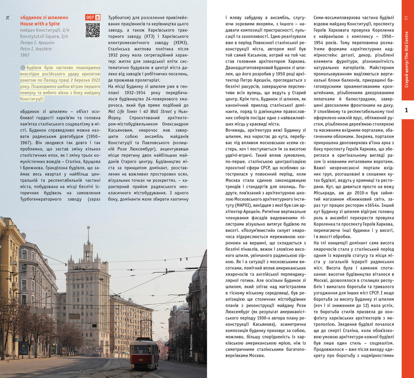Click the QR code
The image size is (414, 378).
[x=93, y=30]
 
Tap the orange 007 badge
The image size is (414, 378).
[x=90, y=17]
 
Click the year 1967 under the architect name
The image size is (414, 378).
[x=25, y=55]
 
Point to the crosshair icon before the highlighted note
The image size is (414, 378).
[x=22, y=68]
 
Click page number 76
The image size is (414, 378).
[x=8, y=18]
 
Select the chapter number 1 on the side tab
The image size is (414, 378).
[x=407, y=110]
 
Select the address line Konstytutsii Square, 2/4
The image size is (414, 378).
[x=44, y=36]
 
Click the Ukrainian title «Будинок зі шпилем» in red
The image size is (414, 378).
[x=44, y=18]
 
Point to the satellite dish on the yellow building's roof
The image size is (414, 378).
[x=23, y=235]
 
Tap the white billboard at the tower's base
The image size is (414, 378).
[x=99, y=349]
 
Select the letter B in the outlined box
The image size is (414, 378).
[x=97, y=17]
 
